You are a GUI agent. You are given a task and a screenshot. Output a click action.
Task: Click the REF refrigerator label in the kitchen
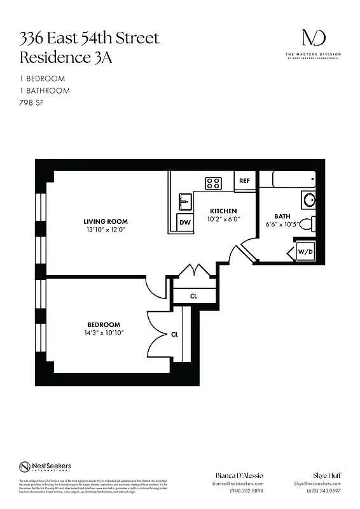coord(244,181)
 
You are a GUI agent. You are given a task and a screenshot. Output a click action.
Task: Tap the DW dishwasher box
coord(185,222)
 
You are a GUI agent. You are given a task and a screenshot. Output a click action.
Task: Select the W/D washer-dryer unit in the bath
coord(305,252)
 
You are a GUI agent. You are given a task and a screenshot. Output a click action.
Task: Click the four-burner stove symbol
coord(213,183)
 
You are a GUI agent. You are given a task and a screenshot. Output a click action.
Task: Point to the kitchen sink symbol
coord(185,202)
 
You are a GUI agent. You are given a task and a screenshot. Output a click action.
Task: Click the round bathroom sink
coord(308,199)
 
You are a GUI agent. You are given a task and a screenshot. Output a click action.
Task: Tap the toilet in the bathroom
coord(307,224)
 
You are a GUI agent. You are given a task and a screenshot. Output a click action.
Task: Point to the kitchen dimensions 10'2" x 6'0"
coord(224,219)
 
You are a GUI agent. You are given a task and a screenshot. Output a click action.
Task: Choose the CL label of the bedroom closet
coord(174,333)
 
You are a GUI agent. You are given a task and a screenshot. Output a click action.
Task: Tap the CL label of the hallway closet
coord(194,295)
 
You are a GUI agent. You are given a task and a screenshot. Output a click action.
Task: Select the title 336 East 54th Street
coord(89,38)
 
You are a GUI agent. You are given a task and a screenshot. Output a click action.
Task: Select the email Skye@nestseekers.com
coord(318,484)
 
